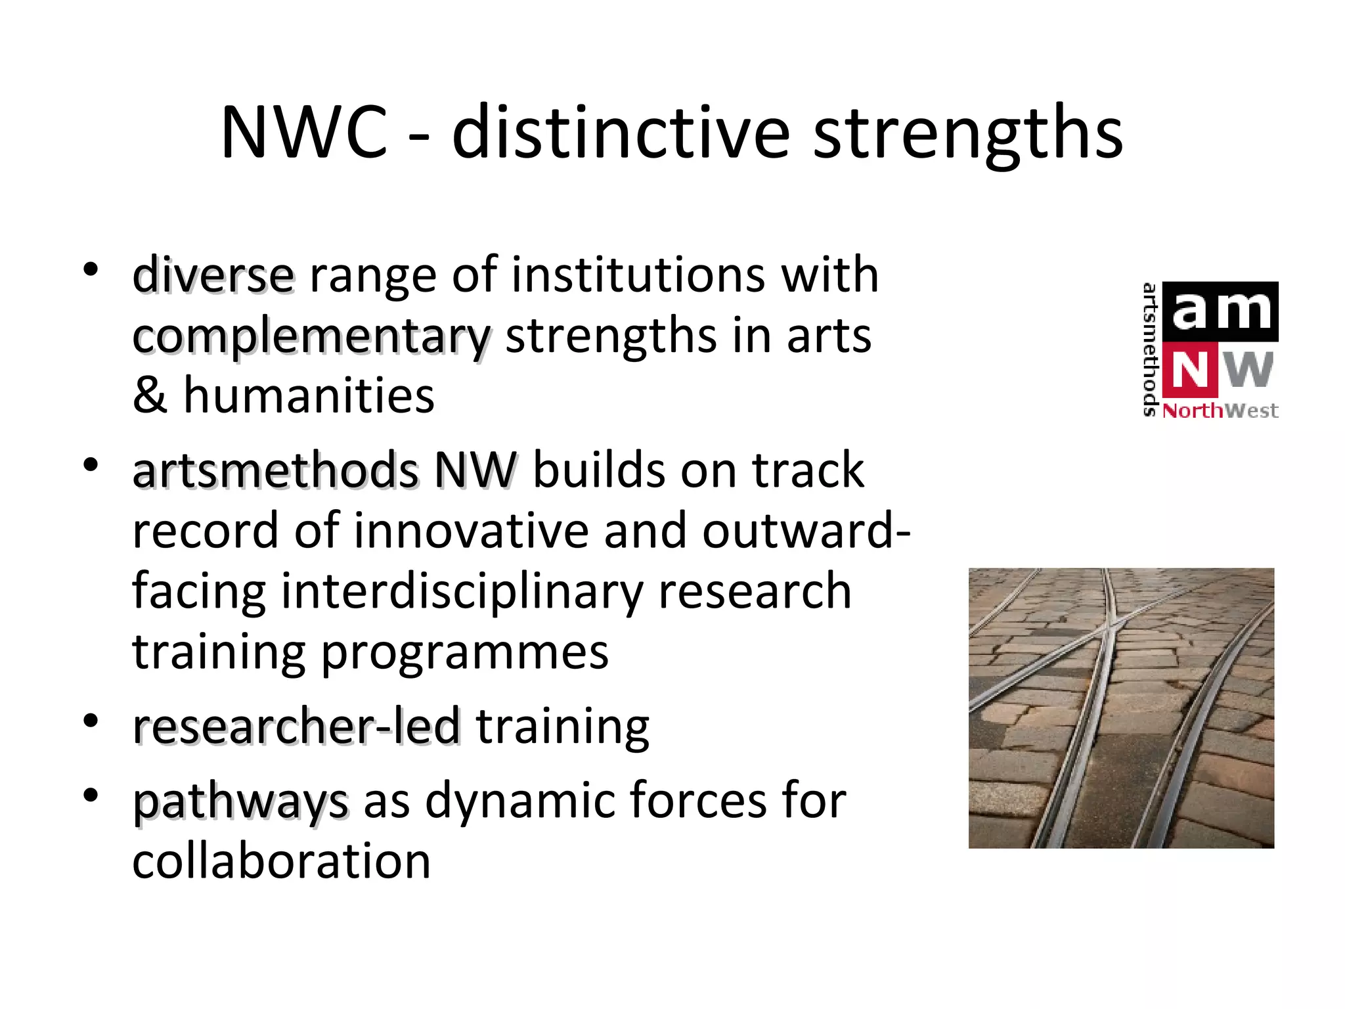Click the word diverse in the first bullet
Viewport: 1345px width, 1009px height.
pyautogui.click(x=213, y=275)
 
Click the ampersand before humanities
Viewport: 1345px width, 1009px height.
pyautogui.click(x=150, y=395)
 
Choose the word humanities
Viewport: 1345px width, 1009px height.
pyautogui.click(x=309, y=395)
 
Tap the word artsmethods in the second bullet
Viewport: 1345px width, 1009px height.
pyautogui.click(x=275, y=470)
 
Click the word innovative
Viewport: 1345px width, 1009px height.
pyautogui.click(x=471, y=531)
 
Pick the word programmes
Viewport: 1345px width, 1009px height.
pyautogui.click(x=465, y=653)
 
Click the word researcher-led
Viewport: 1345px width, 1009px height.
pyautogui.click(x=296, y=727)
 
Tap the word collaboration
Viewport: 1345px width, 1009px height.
pyautogui.click(x=281, y=861)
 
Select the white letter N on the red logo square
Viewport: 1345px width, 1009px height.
pyautogui.click(x=1190, y=370)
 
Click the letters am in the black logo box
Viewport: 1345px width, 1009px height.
pyautogui.click(x=1221, y=311)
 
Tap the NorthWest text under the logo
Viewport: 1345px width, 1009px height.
pyautogui.click(x=1220, y=411)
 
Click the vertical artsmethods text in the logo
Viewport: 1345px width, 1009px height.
pyautogui.click(x=1150, y=349)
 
